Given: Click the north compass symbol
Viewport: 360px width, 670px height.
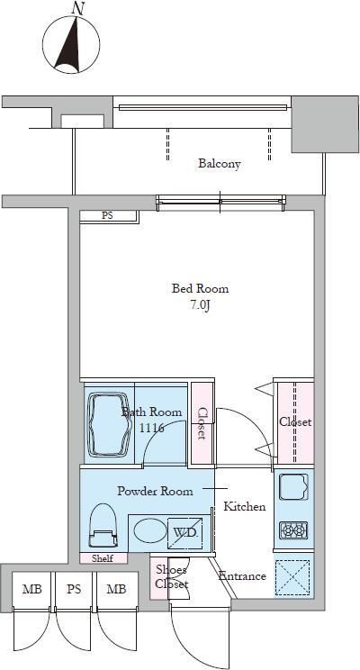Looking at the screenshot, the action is (76, 44).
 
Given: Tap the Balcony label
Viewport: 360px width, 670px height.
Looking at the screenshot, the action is (220, 164).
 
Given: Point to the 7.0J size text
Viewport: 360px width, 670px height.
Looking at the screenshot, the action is (200, 306).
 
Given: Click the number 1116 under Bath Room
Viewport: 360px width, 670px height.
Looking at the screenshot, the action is (152, 428).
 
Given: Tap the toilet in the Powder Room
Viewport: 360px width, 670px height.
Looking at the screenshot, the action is (103, 526).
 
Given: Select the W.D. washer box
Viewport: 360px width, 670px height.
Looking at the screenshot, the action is (184, 532).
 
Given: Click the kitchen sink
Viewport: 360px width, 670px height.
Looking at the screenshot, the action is (293, 486).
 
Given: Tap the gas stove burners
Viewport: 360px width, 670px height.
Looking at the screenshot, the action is (293, 530).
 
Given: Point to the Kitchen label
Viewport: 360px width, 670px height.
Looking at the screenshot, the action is (245, 507).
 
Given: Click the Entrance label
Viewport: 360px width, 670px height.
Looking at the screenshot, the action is (242, 576).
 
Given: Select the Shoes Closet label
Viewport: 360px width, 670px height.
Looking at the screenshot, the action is (171, 577).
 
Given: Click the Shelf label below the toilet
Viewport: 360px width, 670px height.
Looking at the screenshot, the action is (103, 558).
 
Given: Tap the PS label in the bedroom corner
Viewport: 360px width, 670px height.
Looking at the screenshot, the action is (107, 216).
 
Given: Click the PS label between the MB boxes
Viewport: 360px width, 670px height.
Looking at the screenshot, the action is (74, 590).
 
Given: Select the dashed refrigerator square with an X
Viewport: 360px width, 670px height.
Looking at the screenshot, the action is (293, 577).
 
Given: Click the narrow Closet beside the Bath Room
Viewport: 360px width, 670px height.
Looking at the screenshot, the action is (202, 423).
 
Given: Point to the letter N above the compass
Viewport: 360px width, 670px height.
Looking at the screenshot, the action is (77, 8).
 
